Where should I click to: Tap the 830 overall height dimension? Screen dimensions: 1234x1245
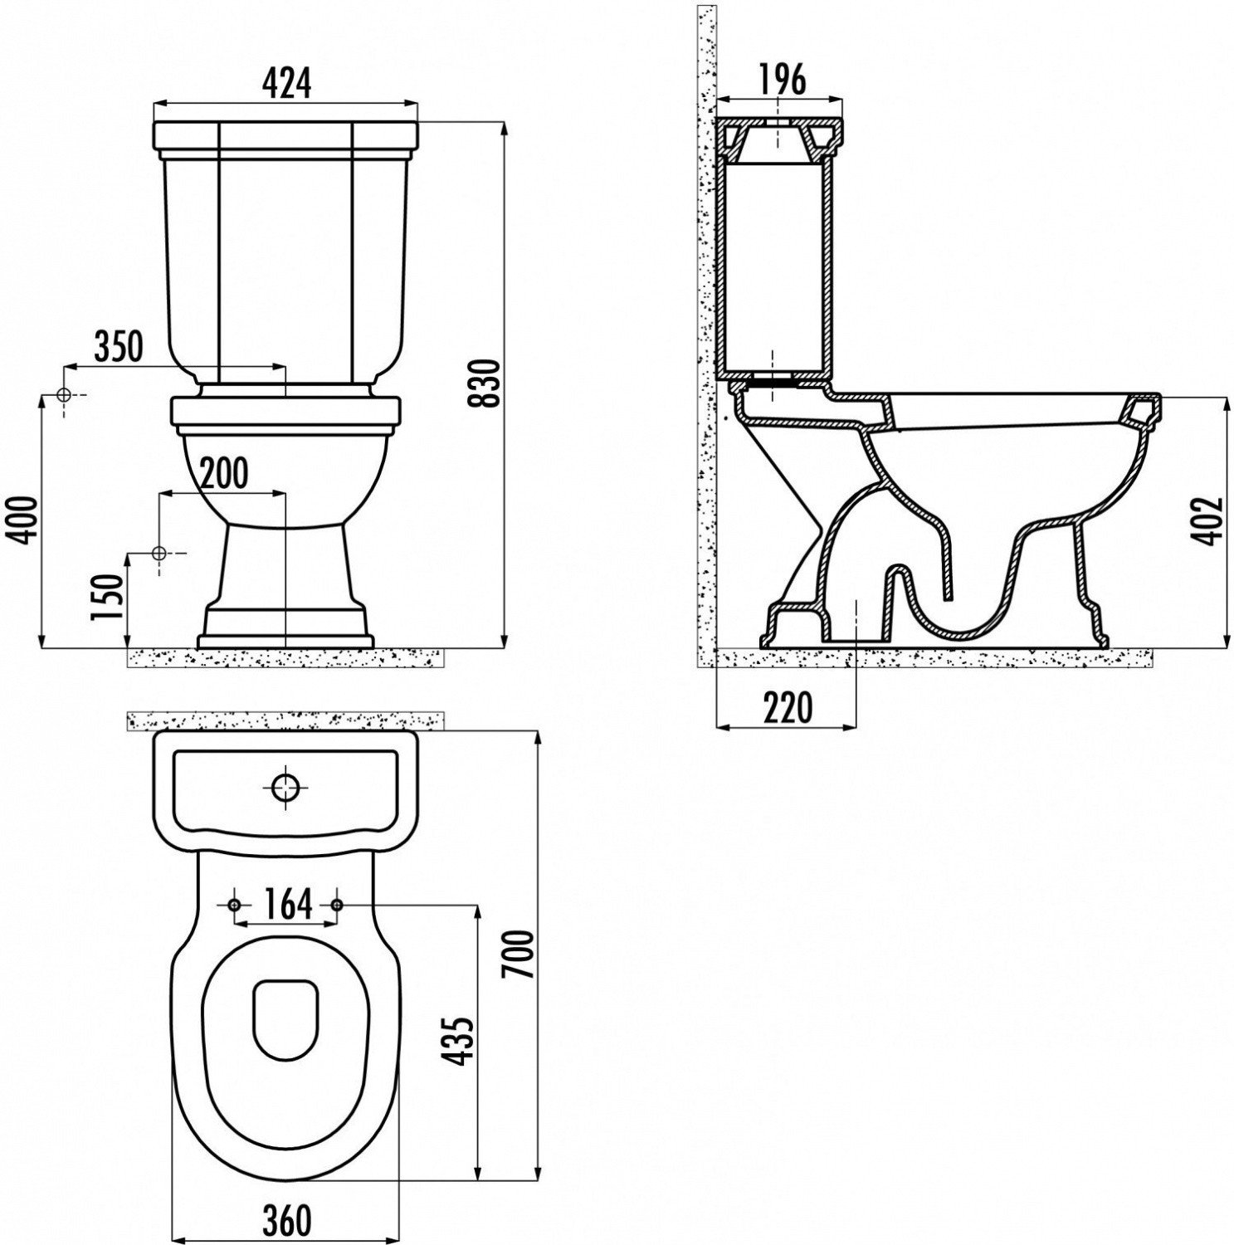pyautogui.click(x=488, y=383)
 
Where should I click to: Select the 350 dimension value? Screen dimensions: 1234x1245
pyautogui.click(x=119, y=346)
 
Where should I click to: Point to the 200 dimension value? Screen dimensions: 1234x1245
pyautogui.click(x=224, y=473)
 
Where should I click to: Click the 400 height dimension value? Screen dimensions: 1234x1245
pyautogui.click(x=23, y=520)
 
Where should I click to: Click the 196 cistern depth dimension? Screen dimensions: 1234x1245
pyautogui.click(x=782, y=80)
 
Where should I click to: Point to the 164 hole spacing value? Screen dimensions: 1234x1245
pyautogui.click(x=286, y=903)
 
